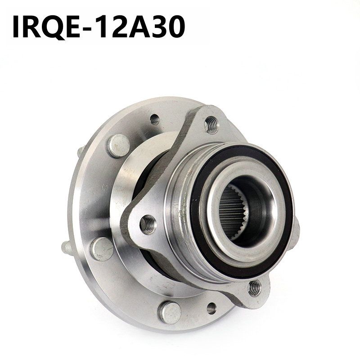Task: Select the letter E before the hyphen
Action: [72, 27]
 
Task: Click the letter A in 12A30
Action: [139, 27]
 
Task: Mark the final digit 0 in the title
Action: [176, 27]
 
